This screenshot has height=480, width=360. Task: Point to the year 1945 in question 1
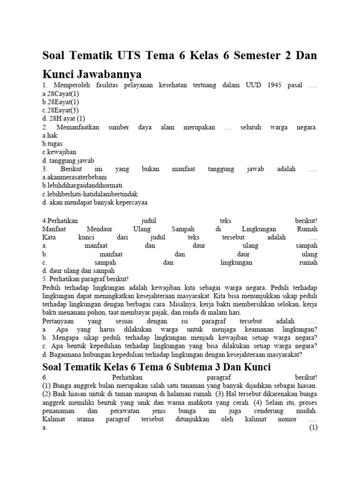[x=276, y=85]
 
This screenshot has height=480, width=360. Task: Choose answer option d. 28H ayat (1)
[x=64, y=119]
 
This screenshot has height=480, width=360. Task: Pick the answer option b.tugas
[x=52, y=144]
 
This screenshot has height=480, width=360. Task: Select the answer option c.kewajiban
[x=59, y=152]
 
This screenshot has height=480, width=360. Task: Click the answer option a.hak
[x=50, y=135]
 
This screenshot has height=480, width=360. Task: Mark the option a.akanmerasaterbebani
[x=75, y=178]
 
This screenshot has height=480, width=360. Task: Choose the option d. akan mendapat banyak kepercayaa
[x=94, y=203]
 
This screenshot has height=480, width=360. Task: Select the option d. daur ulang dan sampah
[x=78, y=271]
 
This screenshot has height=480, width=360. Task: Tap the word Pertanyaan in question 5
[x=58, y=321]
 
